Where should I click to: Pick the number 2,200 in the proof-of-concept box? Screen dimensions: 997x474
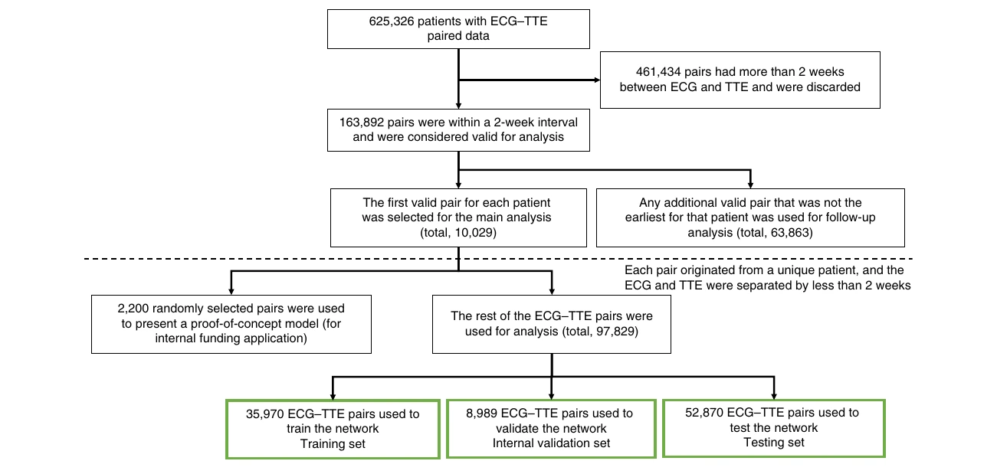click(x=133, y=309)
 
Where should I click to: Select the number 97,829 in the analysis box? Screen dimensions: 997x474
click(x=615, y=332)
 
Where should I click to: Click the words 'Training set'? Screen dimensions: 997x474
click(x=333, y=444)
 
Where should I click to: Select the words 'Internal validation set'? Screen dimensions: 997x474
click(x=551, y=443)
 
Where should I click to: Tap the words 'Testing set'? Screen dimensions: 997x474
click(x=773, y=443)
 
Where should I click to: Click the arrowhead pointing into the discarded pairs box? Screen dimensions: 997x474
click(x=597, y=80)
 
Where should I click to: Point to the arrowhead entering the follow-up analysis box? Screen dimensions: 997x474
click(x=750, y=185)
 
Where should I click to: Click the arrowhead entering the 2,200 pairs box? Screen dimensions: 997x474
click(x=231, y=291)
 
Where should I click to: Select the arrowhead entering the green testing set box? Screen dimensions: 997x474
click(x=774, y=396)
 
